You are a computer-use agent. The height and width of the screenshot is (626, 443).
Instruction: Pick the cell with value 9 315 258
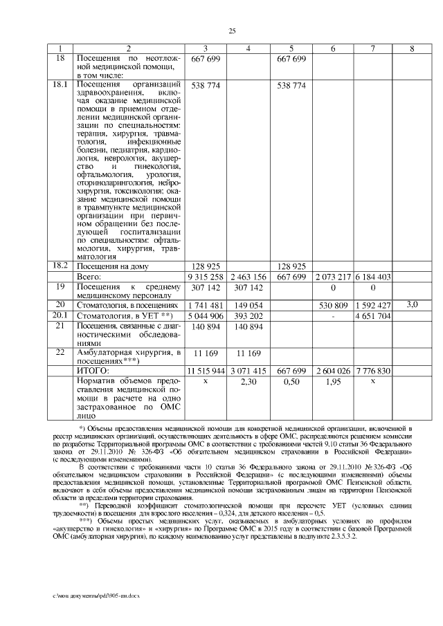[x=205, y=277]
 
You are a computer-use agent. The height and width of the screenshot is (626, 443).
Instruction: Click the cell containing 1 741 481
[x=205, y=305]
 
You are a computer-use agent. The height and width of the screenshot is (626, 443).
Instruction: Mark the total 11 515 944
[x=205, y=371]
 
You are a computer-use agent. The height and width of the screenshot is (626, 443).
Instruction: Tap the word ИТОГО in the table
[x=94, y=371]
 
